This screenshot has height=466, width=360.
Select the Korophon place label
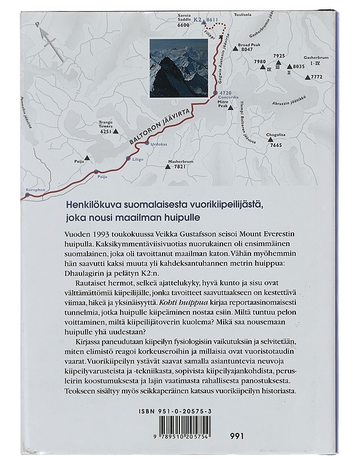coord(35,190)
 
